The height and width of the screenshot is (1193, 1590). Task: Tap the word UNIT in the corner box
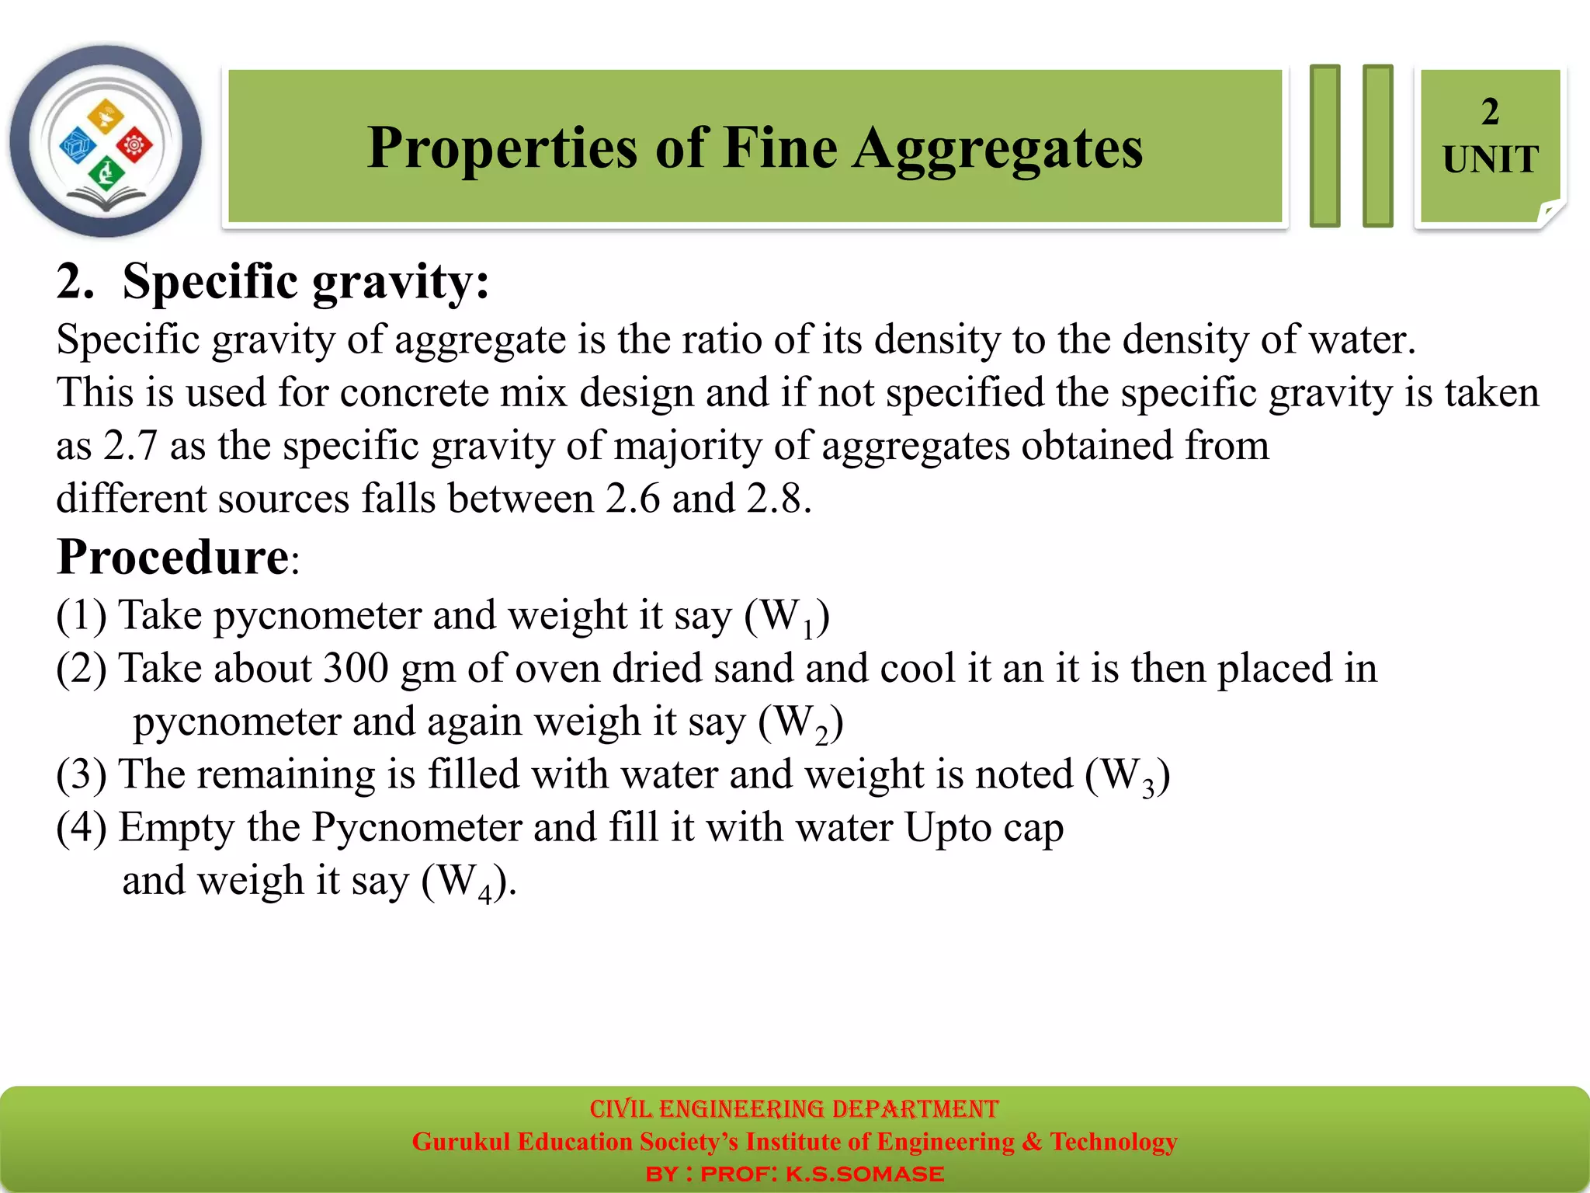1490,160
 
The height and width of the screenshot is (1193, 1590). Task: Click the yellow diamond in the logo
106,116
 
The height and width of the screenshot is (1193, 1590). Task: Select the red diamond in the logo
135,144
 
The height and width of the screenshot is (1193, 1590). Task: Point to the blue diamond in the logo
78,145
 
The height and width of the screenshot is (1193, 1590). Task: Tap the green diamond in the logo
106,172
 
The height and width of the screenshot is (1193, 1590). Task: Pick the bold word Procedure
173,558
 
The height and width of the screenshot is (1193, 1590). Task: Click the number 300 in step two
356,668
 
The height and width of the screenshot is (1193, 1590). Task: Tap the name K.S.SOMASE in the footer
864,1174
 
